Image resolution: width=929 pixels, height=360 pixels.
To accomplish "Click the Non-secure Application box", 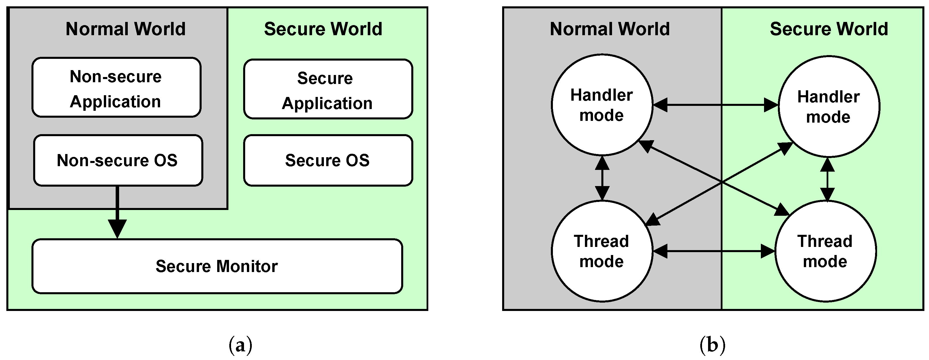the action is click(x=117, y=87).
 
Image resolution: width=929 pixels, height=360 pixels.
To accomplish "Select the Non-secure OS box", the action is click(x=118, y=160).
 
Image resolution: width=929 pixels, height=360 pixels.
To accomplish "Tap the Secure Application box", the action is click(x=328, y=89).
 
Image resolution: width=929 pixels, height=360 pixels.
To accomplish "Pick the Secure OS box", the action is click(x=328, y=160).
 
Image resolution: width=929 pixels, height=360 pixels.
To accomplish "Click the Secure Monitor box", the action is click(x=217, y=266).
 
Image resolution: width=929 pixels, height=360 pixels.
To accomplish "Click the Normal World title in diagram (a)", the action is click(x=125, y=29).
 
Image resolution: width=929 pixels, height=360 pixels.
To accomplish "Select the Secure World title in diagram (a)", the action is click(x=323, y=29).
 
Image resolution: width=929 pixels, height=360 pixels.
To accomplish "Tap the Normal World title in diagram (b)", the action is click(x=610, y=29).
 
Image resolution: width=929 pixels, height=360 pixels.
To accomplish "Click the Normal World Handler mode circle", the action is click(x=602, y=105).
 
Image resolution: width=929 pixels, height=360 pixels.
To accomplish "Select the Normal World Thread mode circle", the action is click(x=602, y=251).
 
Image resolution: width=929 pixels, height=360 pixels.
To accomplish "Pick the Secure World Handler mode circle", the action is click(x=829, y=106).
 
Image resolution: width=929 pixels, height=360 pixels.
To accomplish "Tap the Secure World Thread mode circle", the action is click(x=826, y=251).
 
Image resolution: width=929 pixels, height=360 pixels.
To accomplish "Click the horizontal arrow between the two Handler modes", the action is click(x=716, y=105).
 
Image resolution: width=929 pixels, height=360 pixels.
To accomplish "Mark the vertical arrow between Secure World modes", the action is click(x=827, y=179).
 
